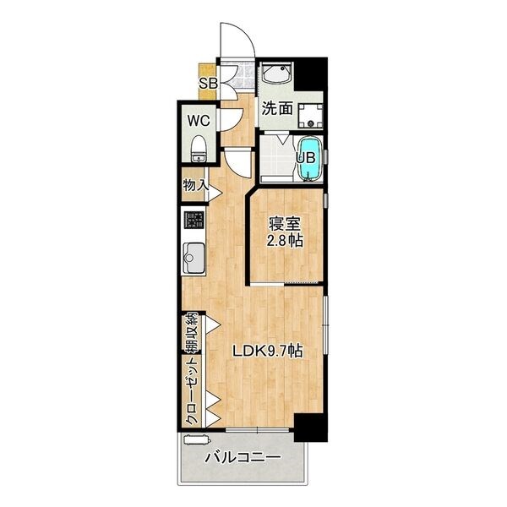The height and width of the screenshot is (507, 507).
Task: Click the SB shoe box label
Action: coord(208,84)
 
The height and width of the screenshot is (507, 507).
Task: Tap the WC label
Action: coord(199,121)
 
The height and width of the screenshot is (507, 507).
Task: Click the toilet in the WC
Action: coord(197,149)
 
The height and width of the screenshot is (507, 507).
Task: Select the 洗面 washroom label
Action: coord(277,108)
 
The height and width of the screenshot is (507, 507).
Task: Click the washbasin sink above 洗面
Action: coord(277,74)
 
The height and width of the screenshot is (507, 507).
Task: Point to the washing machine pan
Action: coord(310,116)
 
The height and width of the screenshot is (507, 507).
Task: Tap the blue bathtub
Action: coord(310,159)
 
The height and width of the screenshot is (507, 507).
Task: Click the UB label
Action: coord(306,157)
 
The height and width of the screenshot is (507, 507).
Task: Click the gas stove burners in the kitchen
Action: coord(194,220)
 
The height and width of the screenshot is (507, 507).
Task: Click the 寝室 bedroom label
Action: coord(285,224)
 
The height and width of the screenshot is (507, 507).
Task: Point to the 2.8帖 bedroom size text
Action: coord(285,241)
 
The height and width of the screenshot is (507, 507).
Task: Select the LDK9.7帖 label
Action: coord(268,352)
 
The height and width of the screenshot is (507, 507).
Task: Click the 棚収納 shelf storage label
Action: coord(191,333)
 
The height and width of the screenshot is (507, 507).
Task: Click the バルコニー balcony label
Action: coord(243,457)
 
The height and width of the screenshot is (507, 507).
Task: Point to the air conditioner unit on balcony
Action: coord(197,440)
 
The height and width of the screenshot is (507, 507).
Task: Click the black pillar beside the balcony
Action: coord(311,427)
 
